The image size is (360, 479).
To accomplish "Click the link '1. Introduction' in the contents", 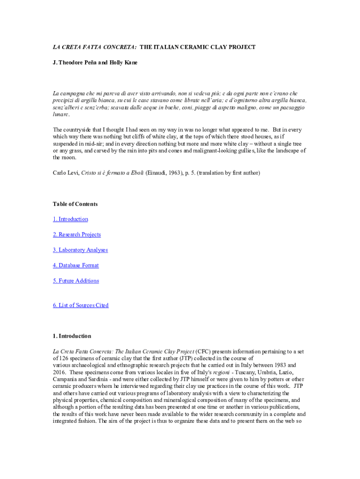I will pos(70,219).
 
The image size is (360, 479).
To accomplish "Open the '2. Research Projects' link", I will pos(77,234).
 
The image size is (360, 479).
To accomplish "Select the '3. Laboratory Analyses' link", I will pos(80,250).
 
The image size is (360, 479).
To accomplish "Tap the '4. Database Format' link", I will pos(76,265).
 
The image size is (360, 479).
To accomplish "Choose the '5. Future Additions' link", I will pos(76,281).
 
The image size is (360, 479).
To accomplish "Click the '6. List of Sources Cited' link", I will pos(81,305).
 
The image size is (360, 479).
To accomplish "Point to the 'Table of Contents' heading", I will pos(75,204).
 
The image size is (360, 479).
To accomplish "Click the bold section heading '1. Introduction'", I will pos(72,336).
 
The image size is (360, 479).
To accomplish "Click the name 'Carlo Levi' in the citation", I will pos(65,173).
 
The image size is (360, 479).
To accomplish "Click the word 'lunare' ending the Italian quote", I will pos(60,114).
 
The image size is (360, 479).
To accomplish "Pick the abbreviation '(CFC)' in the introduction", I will pos(203,351).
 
